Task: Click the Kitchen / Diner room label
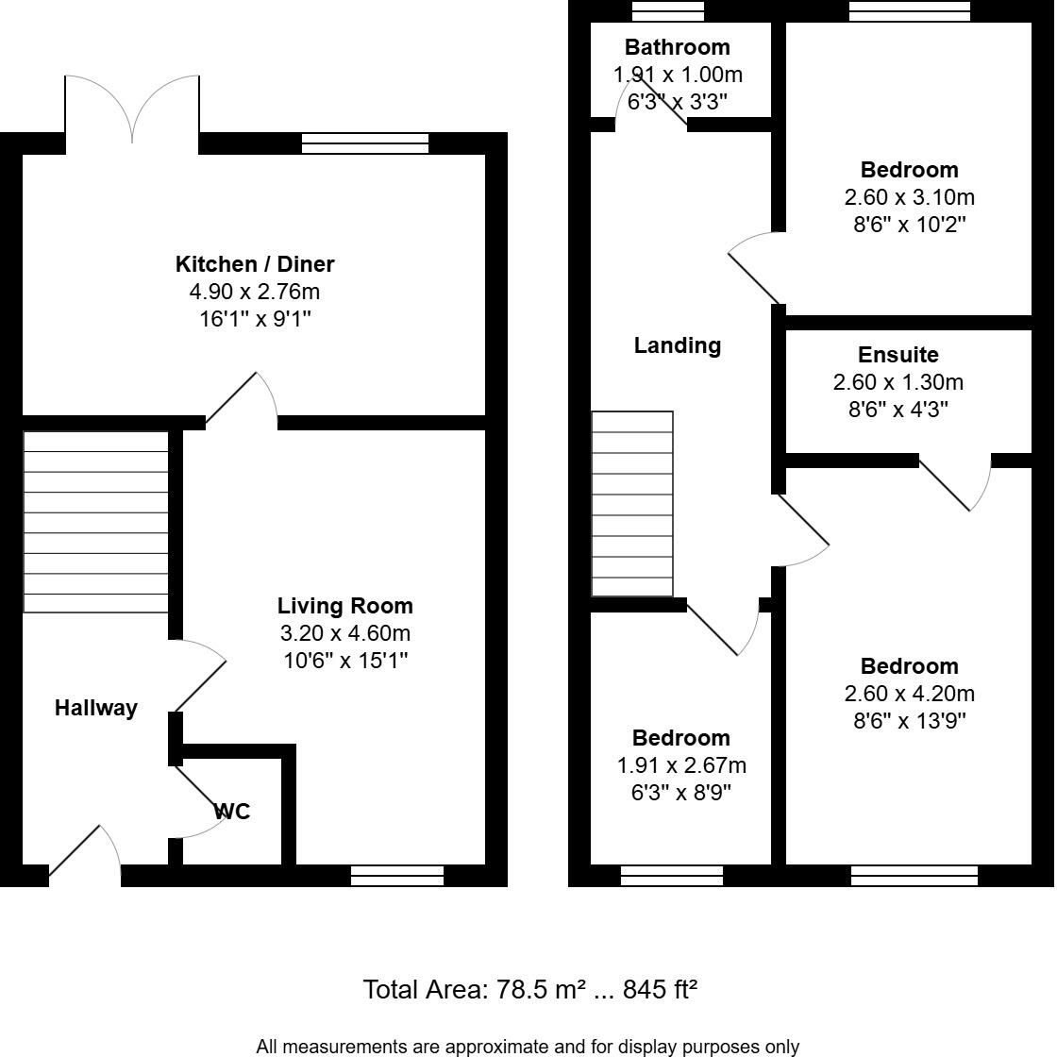point(255,264)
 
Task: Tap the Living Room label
point(344,606)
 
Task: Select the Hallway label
point(95,708)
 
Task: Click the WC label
point(233,812)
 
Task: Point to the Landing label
point(677,345)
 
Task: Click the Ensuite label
point(898,355)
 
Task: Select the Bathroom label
point(677,47)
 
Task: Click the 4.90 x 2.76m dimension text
point(255,292)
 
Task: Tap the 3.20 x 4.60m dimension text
point(344,633)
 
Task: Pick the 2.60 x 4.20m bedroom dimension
point(909,694)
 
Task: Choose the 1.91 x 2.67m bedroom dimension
point(680,765)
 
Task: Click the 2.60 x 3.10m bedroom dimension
point(909,197)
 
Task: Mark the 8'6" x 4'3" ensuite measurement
point(898,410)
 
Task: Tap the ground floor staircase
point(95,522)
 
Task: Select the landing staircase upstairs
point(632,504)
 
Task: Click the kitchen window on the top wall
point(364,143)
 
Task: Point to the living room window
point(396,876)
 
